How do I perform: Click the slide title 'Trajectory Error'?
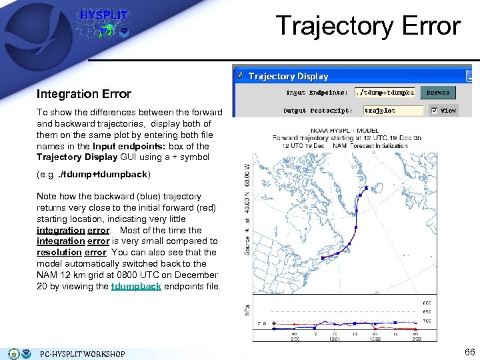click(368, 26)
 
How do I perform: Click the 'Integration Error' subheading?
click(84, 94)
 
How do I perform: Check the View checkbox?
click(434, 111)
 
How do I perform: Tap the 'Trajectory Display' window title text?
click(288, 76)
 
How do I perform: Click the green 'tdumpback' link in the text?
click(136, 286)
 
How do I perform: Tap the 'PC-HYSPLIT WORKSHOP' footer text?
click(82, 353)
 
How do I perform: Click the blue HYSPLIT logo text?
click(104, 15)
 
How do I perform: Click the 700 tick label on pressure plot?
click(426, 321)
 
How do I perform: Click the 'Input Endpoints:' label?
click(317, 93)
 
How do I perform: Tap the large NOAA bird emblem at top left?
click(27, 26)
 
